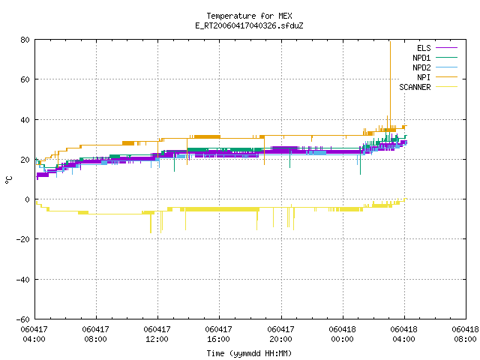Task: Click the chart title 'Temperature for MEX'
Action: (249, 16)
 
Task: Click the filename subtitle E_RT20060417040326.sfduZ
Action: (249, 25)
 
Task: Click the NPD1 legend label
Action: (421, 58)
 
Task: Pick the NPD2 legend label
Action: (421, 67)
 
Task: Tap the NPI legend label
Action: (424, 77)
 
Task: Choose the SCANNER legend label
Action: (415, 87)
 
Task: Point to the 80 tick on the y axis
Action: (25, 40)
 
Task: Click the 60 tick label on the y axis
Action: (25, 79)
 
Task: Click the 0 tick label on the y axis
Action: (28, 199)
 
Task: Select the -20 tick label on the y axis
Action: (23, 239)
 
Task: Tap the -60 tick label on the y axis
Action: (23, 319)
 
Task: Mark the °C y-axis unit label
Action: (8, 180)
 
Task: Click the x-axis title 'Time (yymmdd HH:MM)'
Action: (249, 353)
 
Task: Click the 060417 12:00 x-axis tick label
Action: (157, 334)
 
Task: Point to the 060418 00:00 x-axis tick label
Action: (342, 334)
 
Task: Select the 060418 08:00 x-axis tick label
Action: (465, 334)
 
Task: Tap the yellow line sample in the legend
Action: (447, 87)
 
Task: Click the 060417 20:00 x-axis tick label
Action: (280, 334)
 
